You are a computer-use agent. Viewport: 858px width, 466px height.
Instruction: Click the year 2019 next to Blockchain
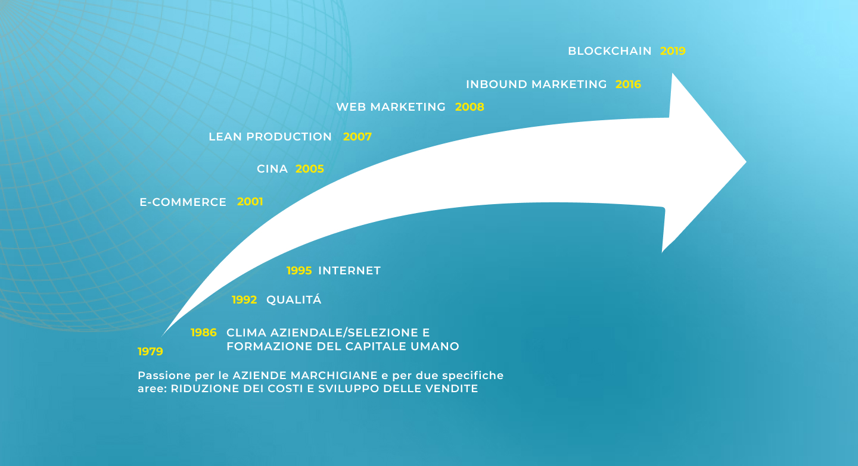pyautogui.click(x=673, y=51)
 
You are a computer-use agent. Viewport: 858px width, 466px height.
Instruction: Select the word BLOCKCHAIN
pyautogui.click(x=610, y=51)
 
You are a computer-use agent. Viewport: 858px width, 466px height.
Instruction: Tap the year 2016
pyautogui.click(x=628, y=84)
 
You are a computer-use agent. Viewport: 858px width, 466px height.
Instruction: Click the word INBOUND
pyautogui.click(x=496, y=84)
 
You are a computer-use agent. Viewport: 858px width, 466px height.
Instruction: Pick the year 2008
pyautogui.click(x=470, y=107)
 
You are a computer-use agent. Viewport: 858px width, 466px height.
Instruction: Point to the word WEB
pyautogui.click(x=350, y=107)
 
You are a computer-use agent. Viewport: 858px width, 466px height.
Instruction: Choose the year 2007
pyautogui.click(x=357, y=137)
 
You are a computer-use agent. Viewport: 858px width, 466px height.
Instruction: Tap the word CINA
pyautogui.click(x=272, y=169)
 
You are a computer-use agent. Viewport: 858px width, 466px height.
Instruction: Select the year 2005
pyautogui.click(x=310, y=169)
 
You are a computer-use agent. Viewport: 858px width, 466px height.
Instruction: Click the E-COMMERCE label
pyautogui.click(x=183, y=202)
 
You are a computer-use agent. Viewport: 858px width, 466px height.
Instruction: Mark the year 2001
pyautogui.click(x=250, y=202)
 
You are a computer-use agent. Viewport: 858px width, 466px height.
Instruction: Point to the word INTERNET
pyautogui.click(x=349, y=270)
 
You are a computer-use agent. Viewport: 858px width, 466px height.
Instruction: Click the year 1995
pyautogui.click(x=299, y=270)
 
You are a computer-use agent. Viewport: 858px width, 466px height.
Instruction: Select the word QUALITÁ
pyautogui.click(x=294, y=299)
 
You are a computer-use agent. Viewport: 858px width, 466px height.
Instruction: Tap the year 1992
pyautogui.click(x=244, y=299)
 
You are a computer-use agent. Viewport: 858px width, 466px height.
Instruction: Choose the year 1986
pyautogui.click(x=203, y=333)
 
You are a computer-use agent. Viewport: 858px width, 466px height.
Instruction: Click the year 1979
pyautogui.click(x=150, y=351)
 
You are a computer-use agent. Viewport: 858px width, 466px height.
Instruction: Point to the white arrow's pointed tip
pyautogui.click(x=746, y=162)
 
